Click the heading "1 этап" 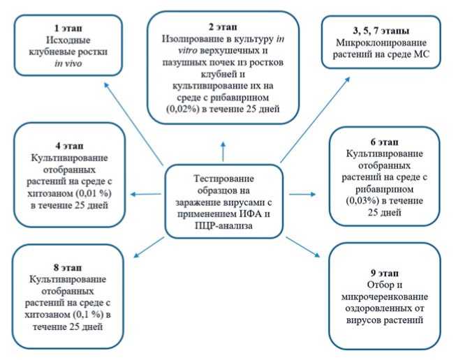click(67, 27)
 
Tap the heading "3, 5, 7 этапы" click(381, 31)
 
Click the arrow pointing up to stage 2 click(223, 149)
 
